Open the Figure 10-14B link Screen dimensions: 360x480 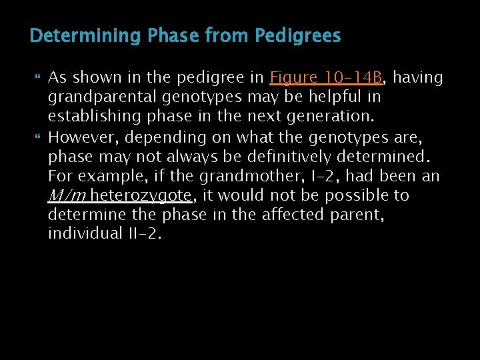[x=326, y=78]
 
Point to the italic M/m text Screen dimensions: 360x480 [x=67, y=196]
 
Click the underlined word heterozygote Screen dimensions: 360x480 [x=141, y=196]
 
